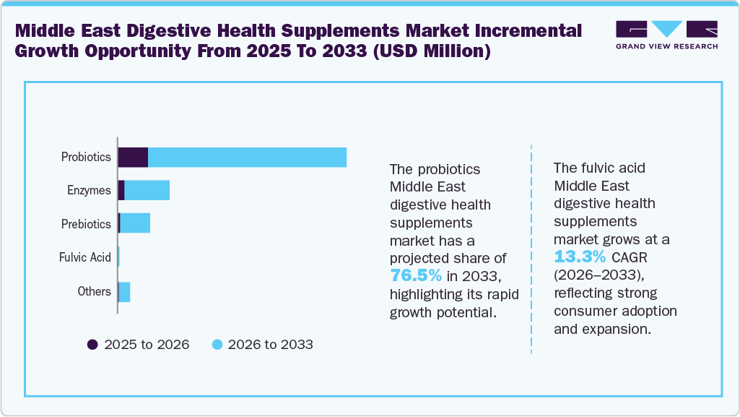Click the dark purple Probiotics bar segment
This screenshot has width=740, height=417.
(x=133, y=157)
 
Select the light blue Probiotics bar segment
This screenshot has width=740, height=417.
(x=247, y=157)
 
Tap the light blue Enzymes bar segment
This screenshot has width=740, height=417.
(x=147, y=191)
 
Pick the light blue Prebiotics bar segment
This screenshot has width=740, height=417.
(x=135, y=224)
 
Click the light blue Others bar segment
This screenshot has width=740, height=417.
(x=124, y=292)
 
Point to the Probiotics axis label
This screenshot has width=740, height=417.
(x=86, y=157)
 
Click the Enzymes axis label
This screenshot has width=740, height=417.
(x=89, y=191)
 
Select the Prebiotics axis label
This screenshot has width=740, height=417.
(x=86, y=224)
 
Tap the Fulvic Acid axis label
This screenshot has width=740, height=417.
(x=84, y=257)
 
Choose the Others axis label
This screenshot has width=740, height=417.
(x=94, y=291)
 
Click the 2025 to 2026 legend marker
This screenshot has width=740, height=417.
(x=92, y=345)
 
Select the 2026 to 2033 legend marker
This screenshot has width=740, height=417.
(x=217, y=345)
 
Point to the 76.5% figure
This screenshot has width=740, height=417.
(x=416, y=275)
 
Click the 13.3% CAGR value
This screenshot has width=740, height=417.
(x=580, y=256)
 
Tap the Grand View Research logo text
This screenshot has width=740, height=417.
(x=666, y=46)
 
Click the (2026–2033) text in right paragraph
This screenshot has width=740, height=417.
(x=596, y=275)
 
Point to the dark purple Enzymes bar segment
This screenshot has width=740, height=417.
(x=121, y=191)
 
